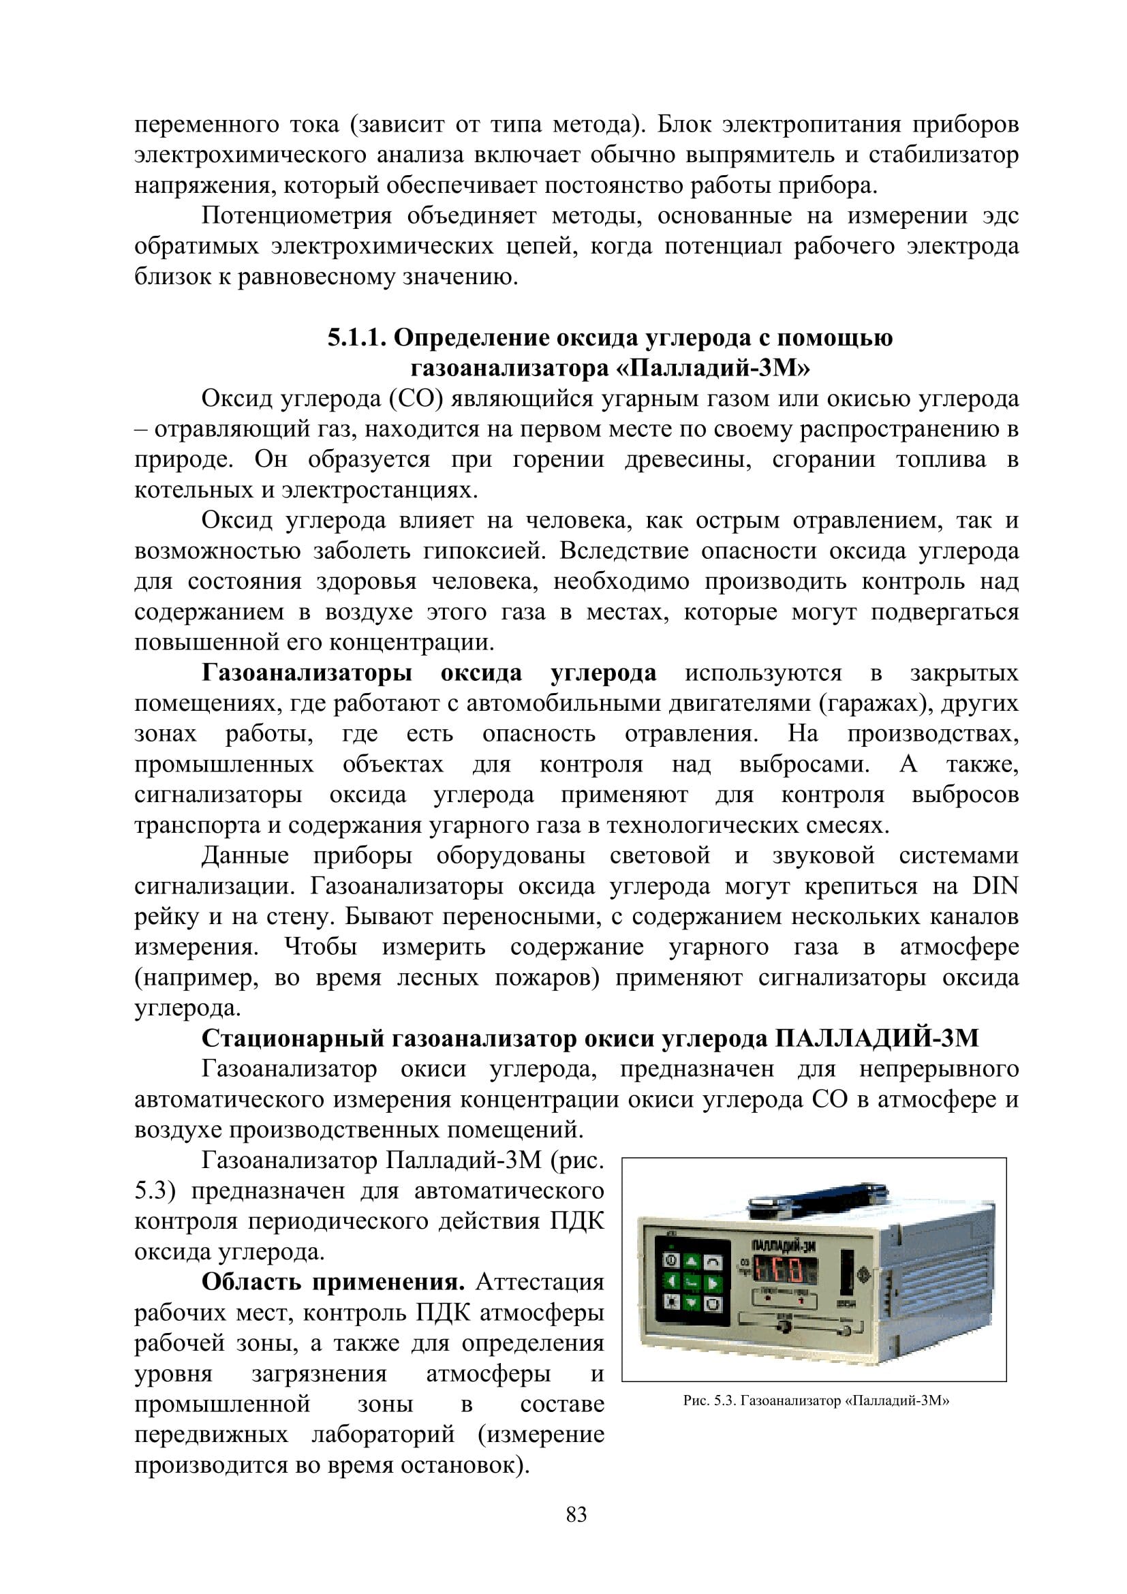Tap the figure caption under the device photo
[815, 1401]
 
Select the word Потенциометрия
[296, 217]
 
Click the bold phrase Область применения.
[333, 1283]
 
